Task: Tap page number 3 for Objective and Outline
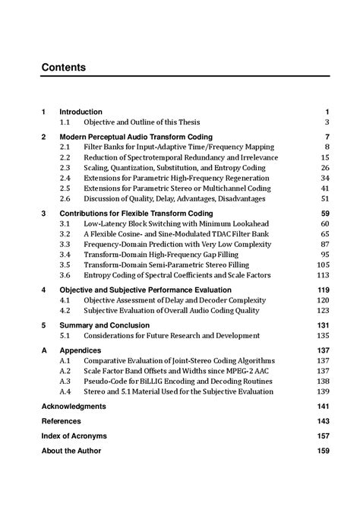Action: coord(327,122)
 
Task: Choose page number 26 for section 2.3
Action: coord(324,167)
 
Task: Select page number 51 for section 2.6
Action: coord(324,198)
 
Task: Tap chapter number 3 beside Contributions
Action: coord(43,214)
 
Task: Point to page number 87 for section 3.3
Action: coord(324,245)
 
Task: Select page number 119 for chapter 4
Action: coord(323,290)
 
